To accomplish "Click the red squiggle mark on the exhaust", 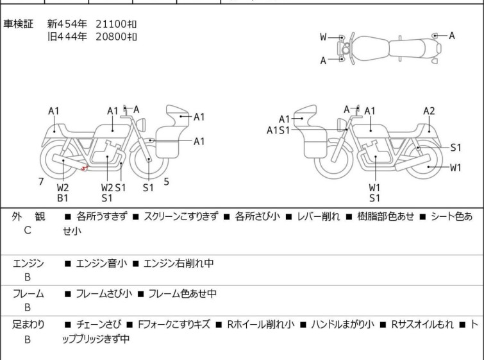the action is (84, 168).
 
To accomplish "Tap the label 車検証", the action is (18, 24).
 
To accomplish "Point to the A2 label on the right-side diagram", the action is (429, 111).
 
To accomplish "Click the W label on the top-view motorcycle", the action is (323, 37).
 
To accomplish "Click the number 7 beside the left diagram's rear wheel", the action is (41, 182).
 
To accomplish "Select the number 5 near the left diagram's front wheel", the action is (167, 182).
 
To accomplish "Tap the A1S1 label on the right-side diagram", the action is (278, 130).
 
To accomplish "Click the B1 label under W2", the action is (63, 198).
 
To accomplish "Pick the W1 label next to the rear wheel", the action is (455, 167).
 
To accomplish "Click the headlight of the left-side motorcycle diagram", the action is (141, 124).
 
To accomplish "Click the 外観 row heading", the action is (28, 216).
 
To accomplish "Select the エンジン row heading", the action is (28, 263).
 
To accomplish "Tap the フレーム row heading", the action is (28, 293).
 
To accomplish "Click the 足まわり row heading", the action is (28, 325).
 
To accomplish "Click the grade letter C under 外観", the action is (28, 230).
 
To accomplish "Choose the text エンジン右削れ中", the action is (178, 263).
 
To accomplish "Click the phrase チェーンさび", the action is (99, 325).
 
